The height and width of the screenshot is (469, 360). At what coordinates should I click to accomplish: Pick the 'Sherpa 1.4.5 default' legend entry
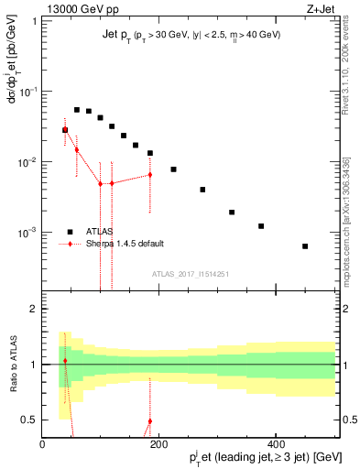click(124, 244)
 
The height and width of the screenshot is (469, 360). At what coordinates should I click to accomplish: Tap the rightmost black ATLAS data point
click(305, 246)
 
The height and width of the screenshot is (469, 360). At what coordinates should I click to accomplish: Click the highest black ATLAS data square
click(77, 110)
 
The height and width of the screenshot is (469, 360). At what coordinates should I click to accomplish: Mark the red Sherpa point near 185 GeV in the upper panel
click(149, 174)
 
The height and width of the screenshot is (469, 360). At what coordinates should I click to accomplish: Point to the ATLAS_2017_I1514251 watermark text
click(189, 273)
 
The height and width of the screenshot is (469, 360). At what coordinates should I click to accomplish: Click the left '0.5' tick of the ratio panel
click(27, 420)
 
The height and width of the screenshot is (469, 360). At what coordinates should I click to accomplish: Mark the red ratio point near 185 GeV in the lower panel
click(149, 421)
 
